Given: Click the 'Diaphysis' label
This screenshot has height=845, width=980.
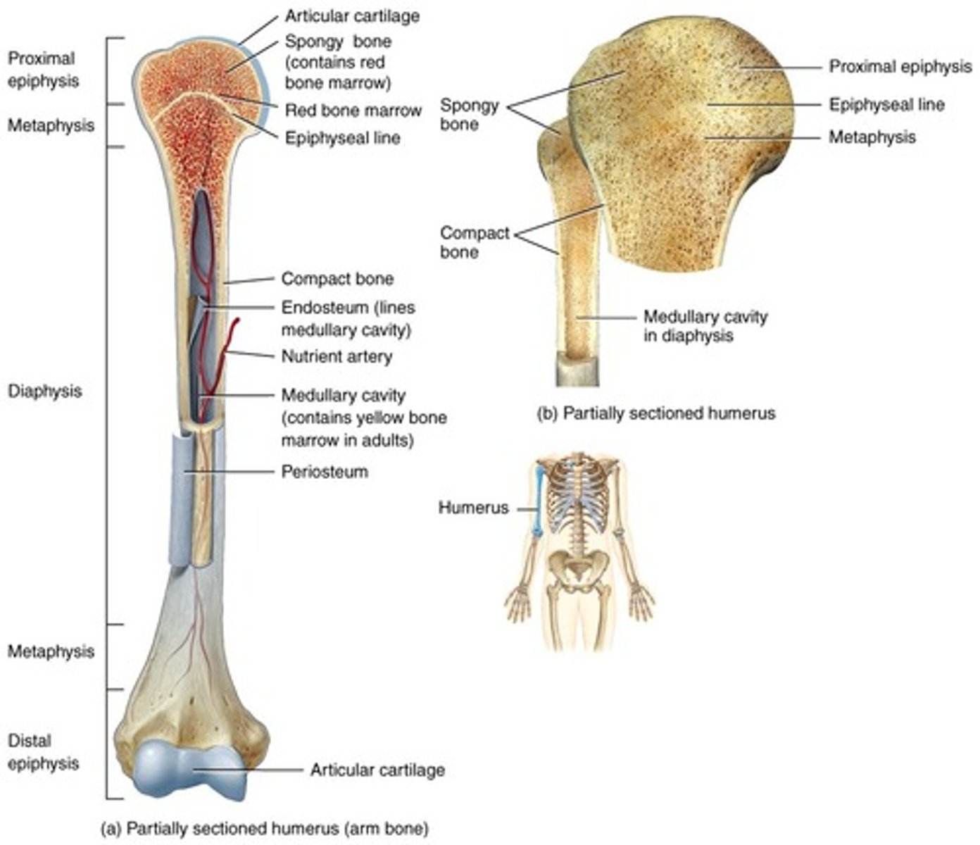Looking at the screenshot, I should coord(44,392).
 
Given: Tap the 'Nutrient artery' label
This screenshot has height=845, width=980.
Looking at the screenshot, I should coord(337,356).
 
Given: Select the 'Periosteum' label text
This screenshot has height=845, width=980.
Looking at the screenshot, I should coord(325,471).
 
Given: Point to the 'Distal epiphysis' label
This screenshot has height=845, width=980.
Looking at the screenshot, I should coord(43,752).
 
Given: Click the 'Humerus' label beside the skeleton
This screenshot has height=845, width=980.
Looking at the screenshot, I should coord(473,508).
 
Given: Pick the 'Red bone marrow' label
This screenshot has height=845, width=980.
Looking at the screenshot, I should coord(353,111).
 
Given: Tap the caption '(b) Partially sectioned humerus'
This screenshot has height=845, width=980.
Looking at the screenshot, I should coord(656,413).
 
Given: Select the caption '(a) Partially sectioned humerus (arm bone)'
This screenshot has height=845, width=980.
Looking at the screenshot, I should coord(265,829).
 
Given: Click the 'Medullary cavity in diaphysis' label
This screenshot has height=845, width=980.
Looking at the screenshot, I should coord(705,326).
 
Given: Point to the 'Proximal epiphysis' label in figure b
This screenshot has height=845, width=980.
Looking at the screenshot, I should coord(900,67).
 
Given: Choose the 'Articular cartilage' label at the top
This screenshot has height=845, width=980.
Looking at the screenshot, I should coord(352,16).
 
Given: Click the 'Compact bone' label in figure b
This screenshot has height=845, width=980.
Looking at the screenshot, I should coord(475,242).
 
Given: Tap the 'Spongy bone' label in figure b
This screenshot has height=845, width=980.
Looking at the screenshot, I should coord(469,115).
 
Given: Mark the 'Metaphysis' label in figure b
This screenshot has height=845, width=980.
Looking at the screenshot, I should coord(872,137).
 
